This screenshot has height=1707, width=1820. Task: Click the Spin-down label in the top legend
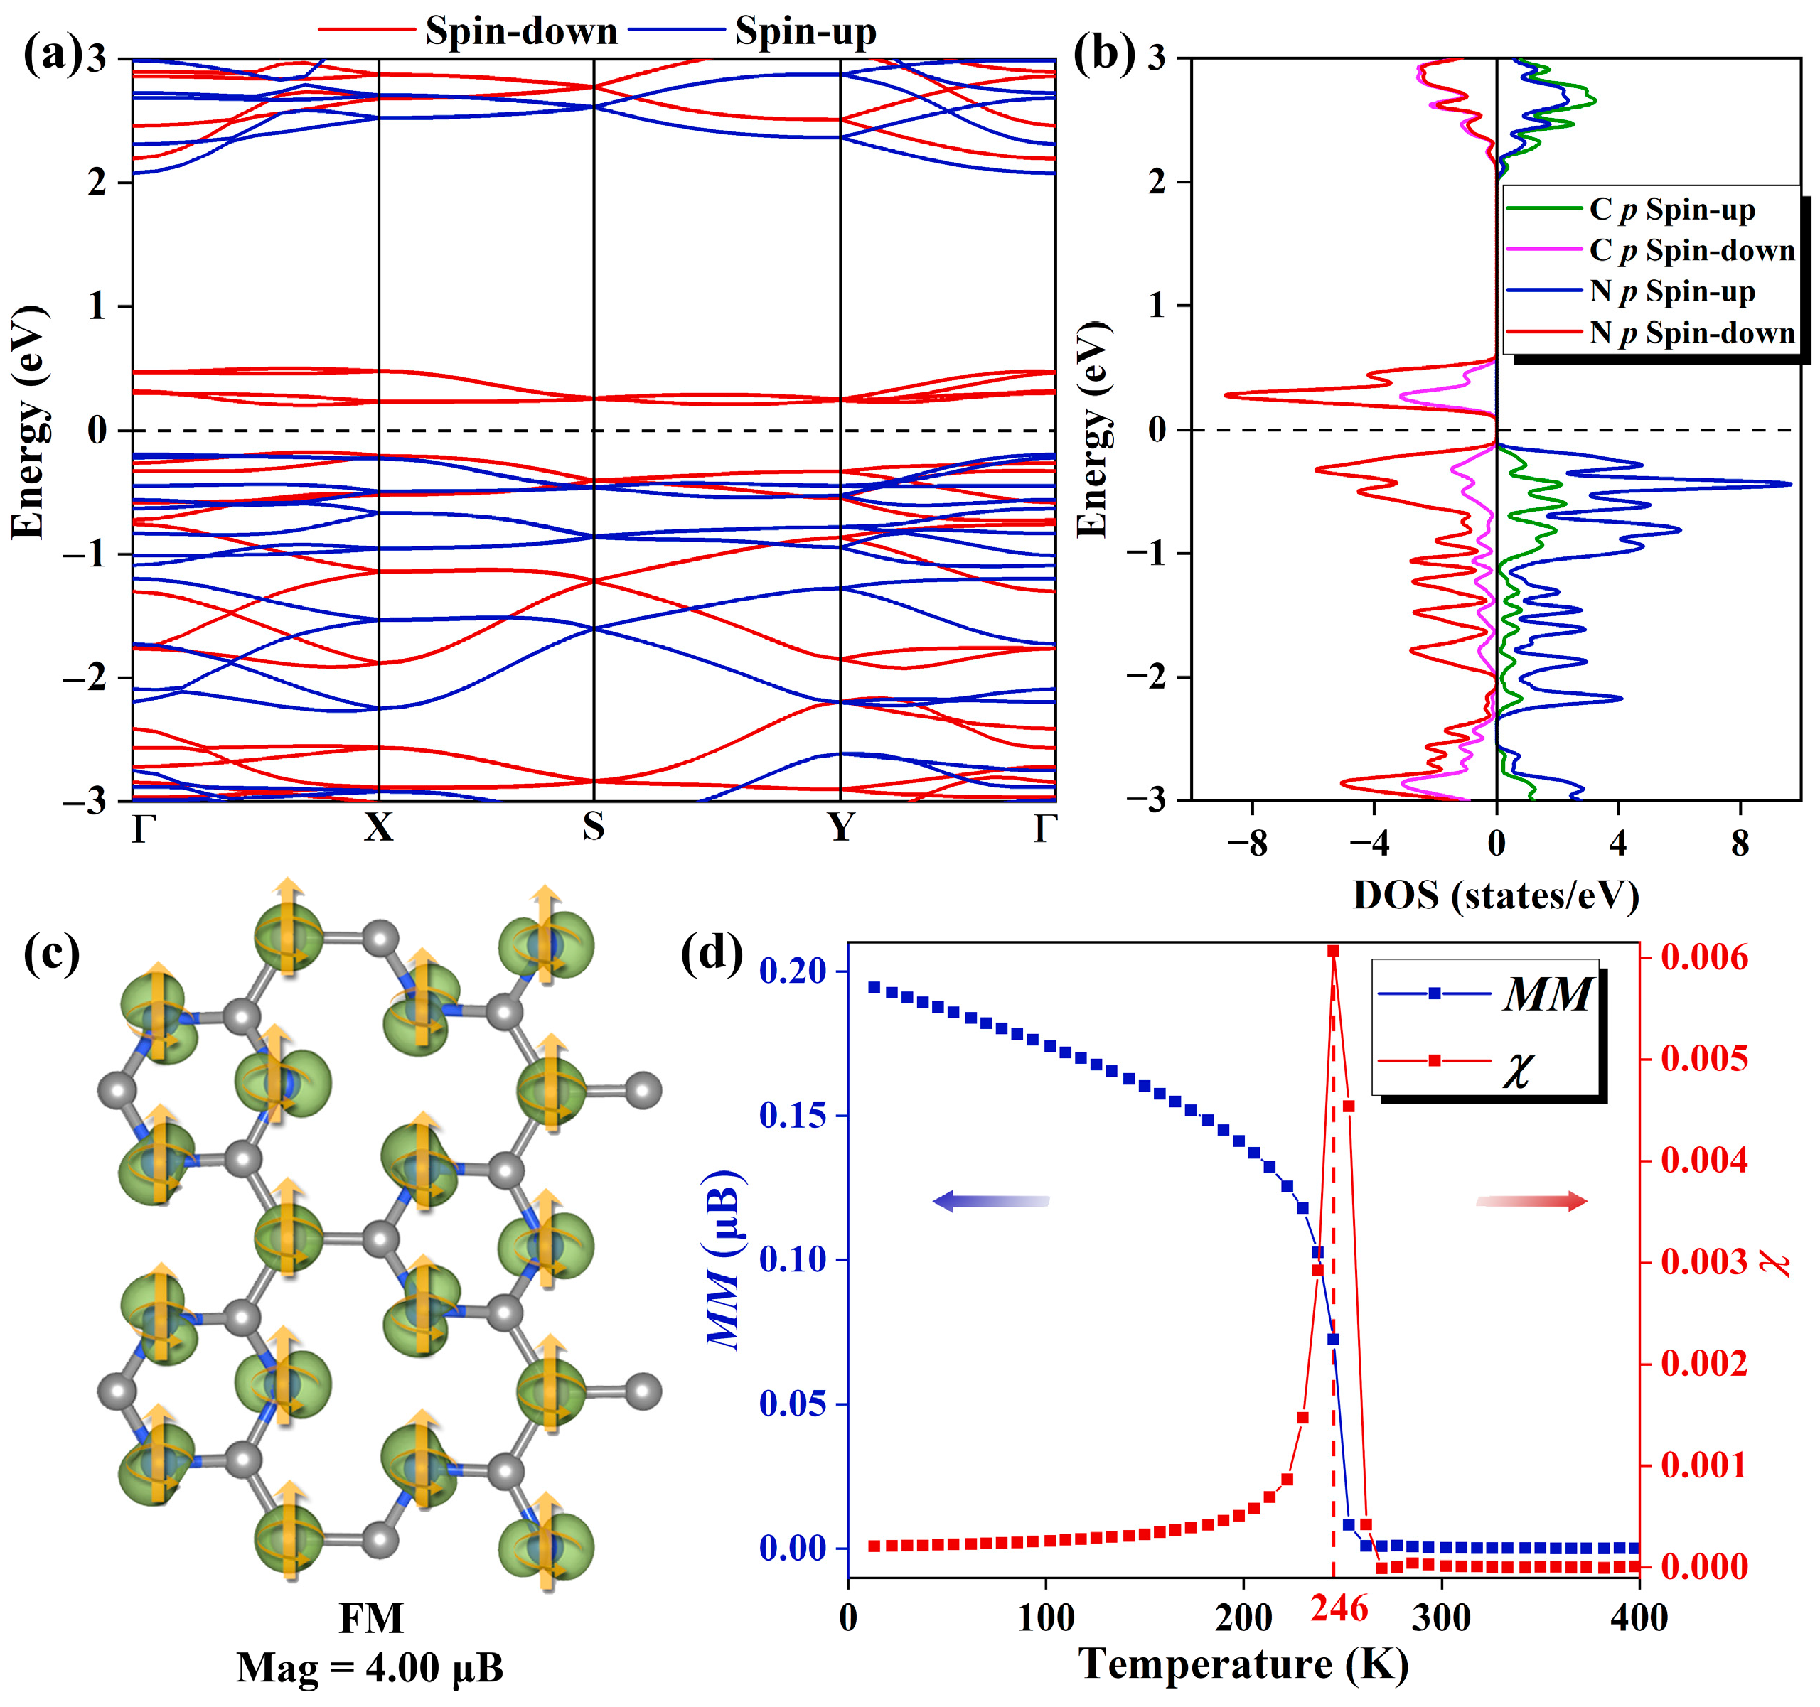point(521,32)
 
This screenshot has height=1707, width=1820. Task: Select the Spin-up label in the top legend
point(805,32)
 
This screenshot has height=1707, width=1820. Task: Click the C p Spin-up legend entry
point(1671,210)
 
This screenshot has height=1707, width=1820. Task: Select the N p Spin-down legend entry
point(1692,333)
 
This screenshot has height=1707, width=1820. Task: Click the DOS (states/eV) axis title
point(1495,895)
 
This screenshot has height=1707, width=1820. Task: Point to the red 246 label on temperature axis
point(1339,1609)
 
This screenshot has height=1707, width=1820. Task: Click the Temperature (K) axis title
point(1243,1663)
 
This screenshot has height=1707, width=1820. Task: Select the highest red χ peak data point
point(1333,952)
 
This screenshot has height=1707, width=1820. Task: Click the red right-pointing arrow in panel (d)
point(1531,1201)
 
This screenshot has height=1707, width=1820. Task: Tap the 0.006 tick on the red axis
point(1703,958)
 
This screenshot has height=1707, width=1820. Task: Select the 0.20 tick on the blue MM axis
point(792,971)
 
